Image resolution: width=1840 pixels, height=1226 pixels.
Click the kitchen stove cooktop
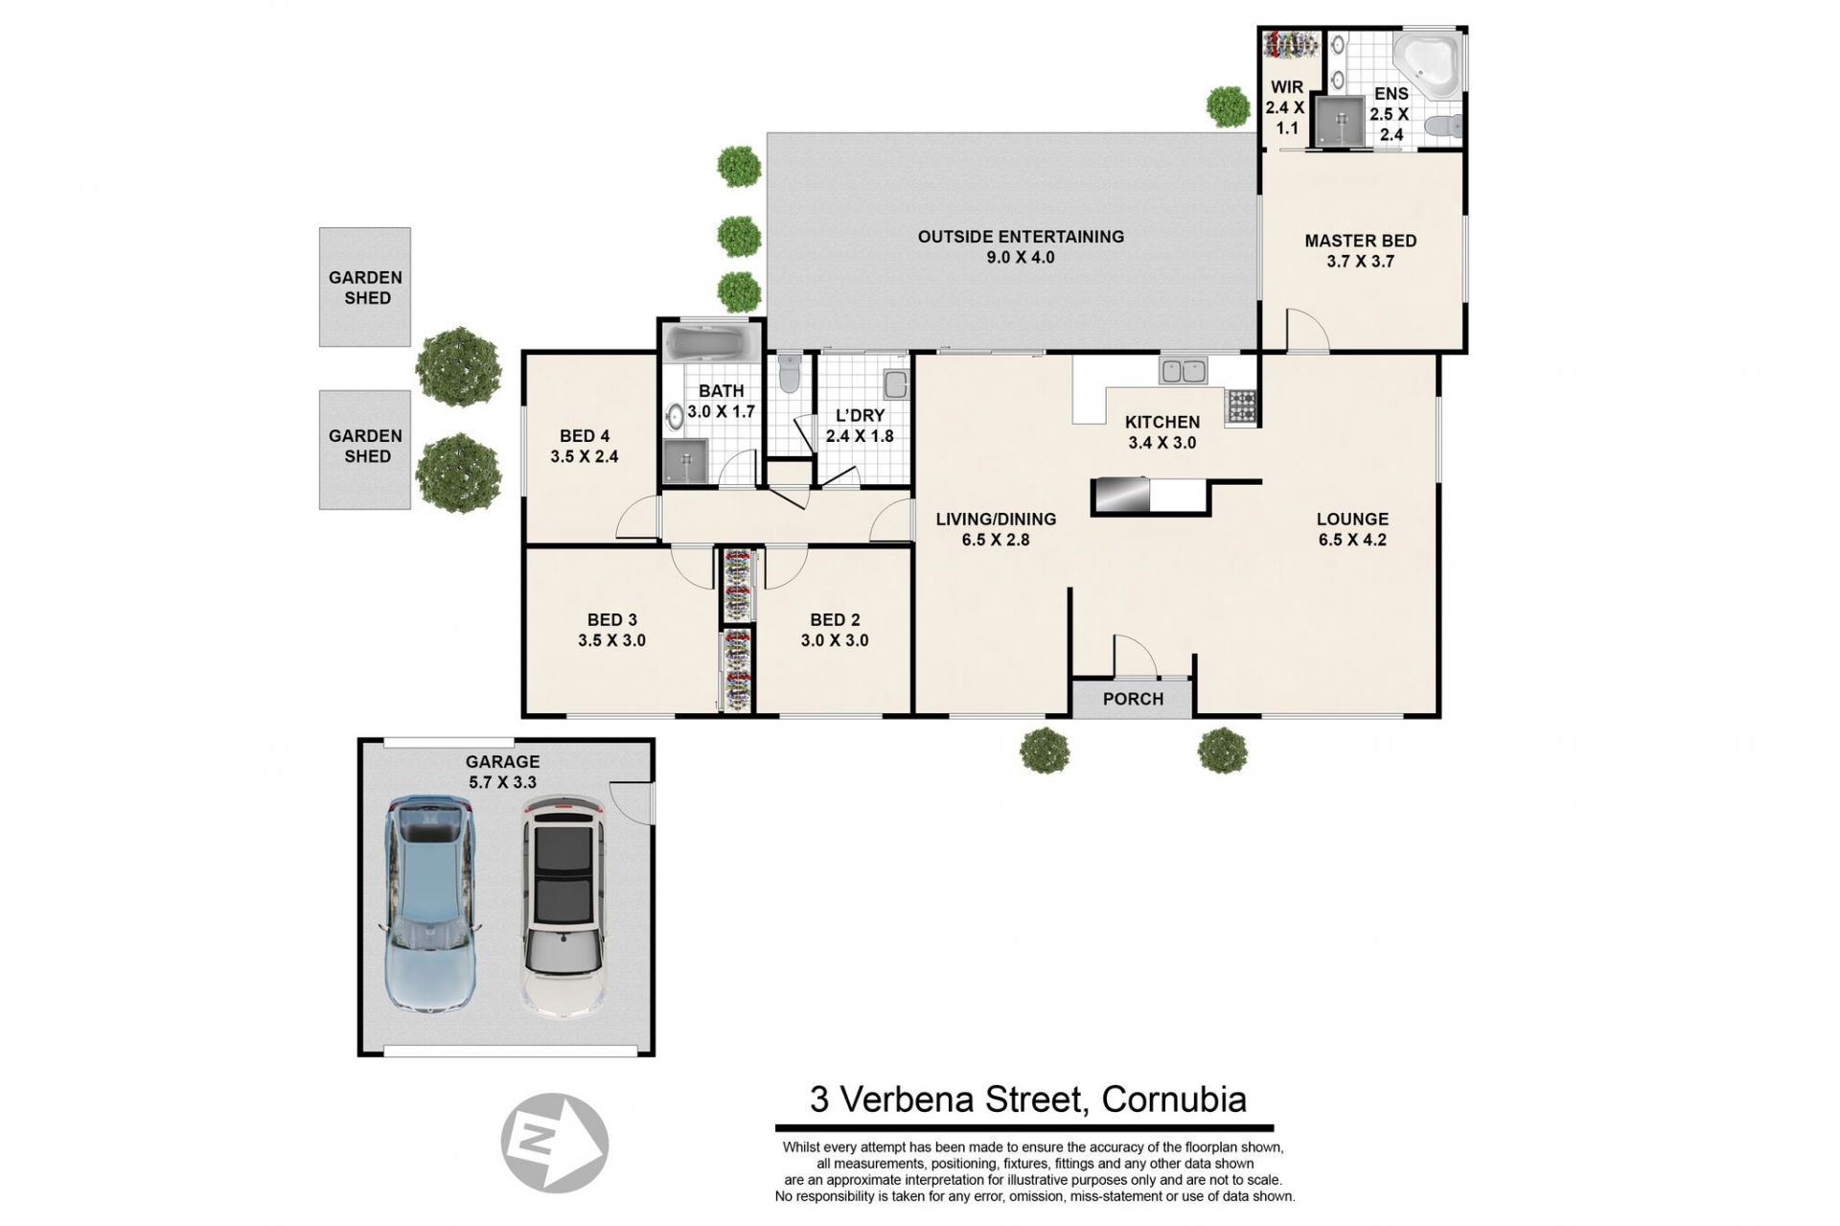tap(1241, 406)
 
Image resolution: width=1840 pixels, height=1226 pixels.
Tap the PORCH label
tap(1133, 699)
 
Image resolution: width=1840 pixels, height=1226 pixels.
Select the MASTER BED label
tap(1360, 241)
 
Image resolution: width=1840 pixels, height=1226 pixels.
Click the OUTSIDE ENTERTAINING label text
tap(1021, 237)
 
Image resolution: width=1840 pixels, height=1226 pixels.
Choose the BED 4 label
tap(585, 435)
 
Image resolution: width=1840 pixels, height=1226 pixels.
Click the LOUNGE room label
tap(1352, 520)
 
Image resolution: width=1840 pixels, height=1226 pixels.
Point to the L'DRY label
tap(860, 416)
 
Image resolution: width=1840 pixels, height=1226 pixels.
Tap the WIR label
tap(1285, 87)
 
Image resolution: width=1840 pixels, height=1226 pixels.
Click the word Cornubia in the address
tap(1174, 1099)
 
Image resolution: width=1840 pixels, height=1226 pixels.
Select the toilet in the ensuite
tap(1443, 126)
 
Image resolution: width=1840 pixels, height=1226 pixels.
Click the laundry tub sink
tap(895, 384)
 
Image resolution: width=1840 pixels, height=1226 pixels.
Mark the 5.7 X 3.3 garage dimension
tap(502, 782)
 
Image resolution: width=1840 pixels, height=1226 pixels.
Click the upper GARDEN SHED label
tap(366, 288)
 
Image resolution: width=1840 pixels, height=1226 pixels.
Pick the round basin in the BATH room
tap(676, 416)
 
